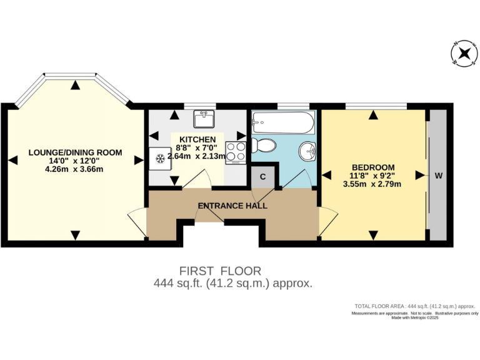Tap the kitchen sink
[203, 117]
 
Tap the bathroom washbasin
[307, 151]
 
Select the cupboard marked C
[263, 177]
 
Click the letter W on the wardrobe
[438, 176]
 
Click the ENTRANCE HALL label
[232, 206]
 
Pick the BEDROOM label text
[373, 167]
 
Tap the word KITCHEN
[197, 139]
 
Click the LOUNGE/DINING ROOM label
[75, 152]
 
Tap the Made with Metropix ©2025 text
[415, 317]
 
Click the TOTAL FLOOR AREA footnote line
[414, 306]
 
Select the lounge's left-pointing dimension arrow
[11, 160]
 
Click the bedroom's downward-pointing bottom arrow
[373, 235]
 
